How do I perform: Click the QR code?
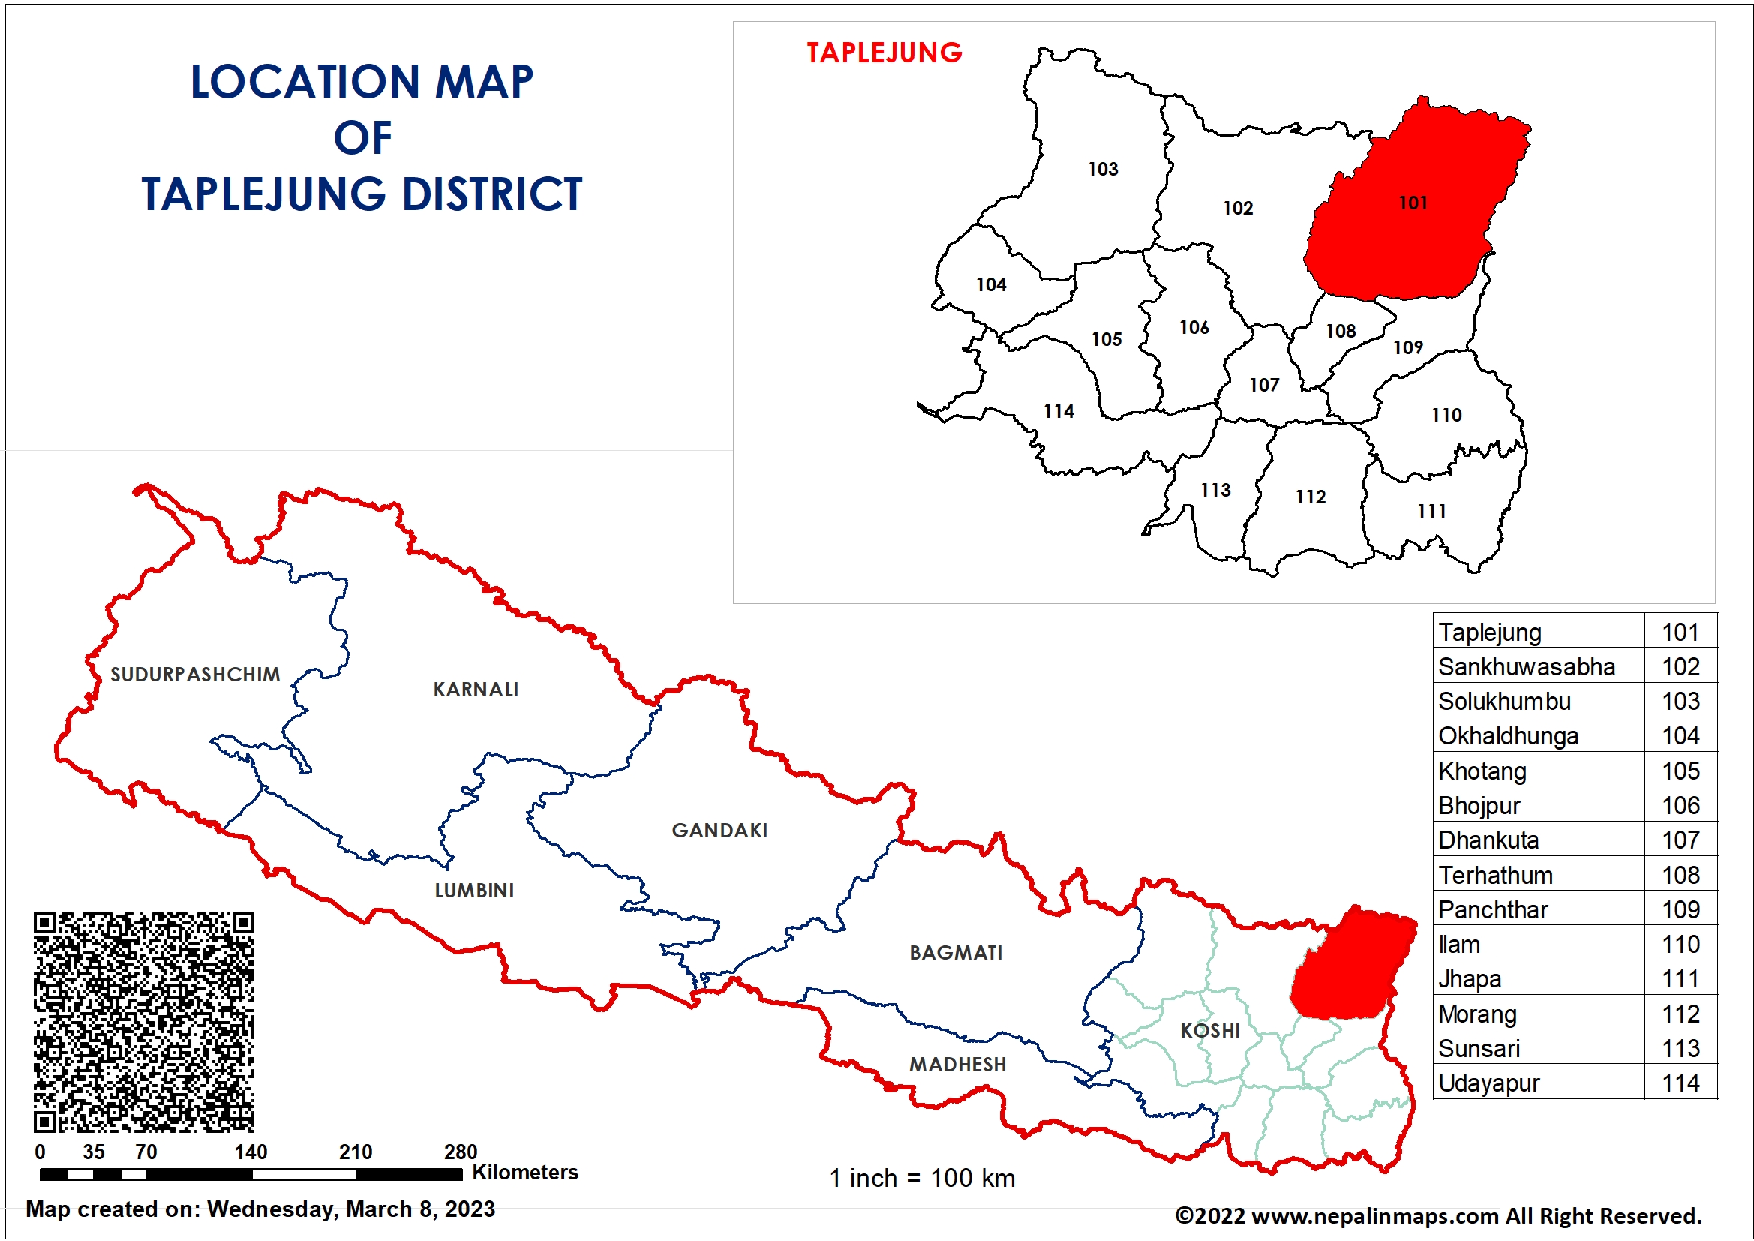click(x=143, y=1022)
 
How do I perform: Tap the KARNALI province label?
click(x=475, y=690)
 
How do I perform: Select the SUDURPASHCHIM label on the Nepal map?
click(x=195, y=674)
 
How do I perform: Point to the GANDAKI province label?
click(x=719, y=830)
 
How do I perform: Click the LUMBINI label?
click(x=473, y=891)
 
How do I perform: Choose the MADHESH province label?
click(x=957, y=1064)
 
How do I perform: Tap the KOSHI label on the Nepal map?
click(x=1210, y=1030)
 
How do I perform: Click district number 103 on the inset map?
click(x=1102, y=169)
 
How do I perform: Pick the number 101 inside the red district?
click(x=1413, y=203)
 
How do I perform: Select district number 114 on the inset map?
click(x=1058, y=411)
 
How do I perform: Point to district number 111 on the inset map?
click(x=1431, y=510)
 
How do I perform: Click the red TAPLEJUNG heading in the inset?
click(x=884, y=53)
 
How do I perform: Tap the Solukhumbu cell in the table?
click(x=1504, y=701)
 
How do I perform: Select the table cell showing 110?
click(x=1680, y=945)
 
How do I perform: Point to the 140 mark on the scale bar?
click(x=251, y=1152)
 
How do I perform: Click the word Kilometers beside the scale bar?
click(x=525, y=1172)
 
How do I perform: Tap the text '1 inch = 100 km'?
click(x=922, y=1177)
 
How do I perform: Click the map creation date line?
click(x=260, y=1209)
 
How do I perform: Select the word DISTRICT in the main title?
click(x=492, y=194)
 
